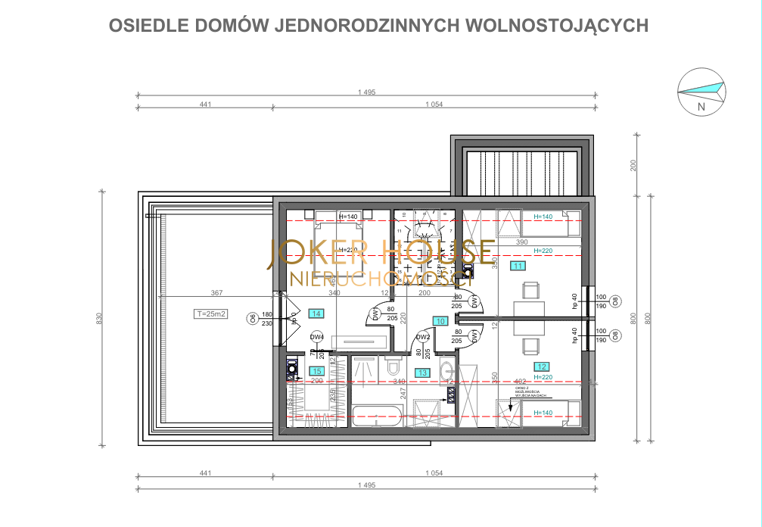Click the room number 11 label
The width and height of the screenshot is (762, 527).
[518, 266]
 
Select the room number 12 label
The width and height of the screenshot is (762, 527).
[542, 366]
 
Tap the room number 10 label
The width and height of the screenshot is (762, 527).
[440, 321]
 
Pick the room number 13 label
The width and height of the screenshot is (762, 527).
[422, 372]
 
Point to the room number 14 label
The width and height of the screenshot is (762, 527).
[316, 313]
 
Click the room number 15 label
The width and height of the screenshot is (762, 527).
[317, 371]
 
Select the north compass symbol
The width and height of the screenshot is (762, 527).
[701, 92]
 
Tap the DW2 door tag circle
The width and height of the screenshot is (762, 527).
[423, 338]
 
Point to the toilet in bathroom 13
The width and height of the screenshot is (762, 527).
[392, 368]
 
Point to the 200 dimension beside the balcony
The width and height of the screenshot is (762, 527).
[634, 166]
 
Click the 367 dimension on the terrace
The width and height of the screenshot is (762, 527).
[216, 294]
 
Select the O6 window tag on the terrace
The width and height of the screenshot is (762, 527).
[252, 318]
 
